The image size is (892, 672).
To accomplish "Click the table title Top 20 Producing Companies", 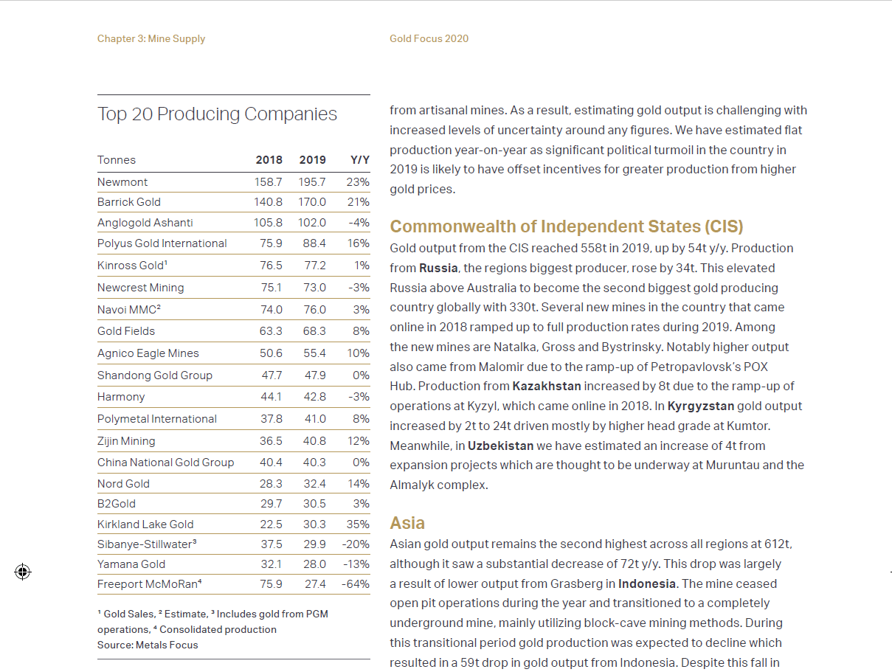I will pyautogui.click(x=217, y=114).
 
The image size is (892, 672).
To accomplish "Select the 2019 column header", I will pyautogui.click(x=312, y=160).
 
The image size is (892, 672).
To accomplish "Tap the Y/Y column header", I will pyautogui.click(x=359, y=160).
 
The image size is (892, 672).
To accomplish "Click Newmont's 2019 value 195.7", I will pyautogui.click(x=312, y=182).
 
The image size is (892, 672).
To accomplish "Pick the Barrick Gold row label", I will pyautogui.click(x=129, y=202).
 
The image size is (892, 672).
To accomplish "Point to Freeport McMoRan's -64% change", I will pyautogui.click(x=356, y=584).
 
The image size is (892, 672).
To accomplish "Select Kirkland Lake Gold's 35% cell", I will pyautogui.click(x=358, y=524).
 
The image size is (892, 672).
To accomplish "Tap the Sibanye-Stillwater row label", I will pyautogui.click(x=147, y=544).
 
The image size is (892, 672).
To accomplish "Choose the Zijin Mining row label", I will pyautogui.click(x=126, y=441).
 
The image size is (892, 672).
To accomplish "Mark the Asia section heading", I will pyautogui.click(x=407, y=523).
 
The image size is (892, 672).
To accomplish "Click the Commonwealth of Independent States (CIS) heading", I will pyautogui.click(x=566, y=226).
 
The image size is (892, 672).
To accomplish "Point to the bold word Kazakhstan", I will pyautogui.click(x=547, y=386).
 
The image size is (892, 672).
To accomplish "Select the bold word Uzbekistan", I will pyautogui.click(x=500, y=446).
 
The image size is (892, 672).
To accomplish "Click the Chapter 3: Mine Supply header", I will pyautogui.click(x=151, y=39).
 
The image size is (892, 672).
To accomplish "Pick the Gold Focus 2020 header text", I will pyautogui.click(x=429, y=39).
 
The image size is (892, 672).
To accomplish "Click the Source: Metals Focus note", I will pyautogui.click(x=148, y=645).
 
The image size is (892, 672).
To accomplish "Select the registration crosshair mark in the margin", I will pyautogui.click(x=23, y=572).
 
